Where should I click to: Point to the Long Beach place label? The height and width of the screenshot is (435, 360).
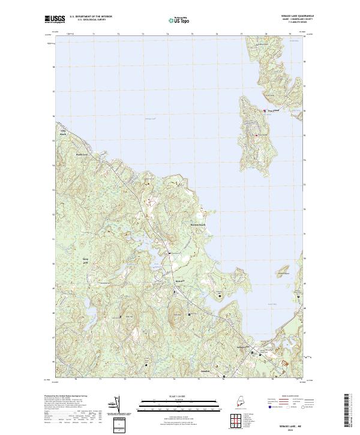62,133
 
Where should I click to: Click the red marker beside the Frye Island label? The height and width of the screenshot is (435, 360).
265,110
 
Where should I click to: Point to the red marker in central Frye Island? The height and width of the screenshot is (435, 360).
256,136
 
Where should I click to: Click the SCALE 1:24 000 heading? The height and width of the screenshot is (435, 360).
179,395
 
